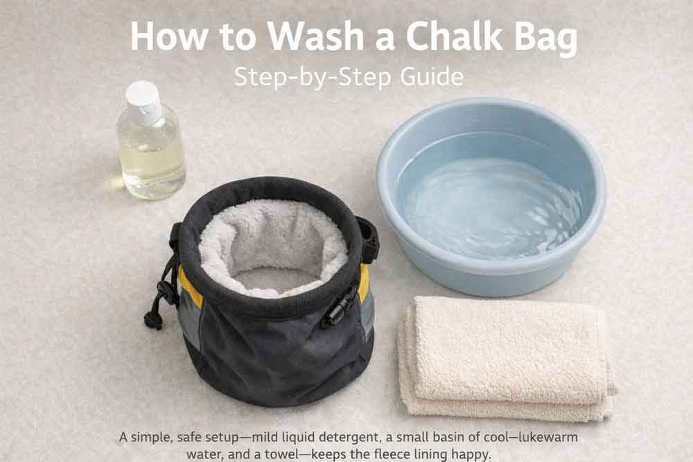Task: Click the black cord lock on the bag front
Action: pos(338,306)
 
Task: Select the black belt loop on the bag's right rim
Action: pos(368,239)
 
